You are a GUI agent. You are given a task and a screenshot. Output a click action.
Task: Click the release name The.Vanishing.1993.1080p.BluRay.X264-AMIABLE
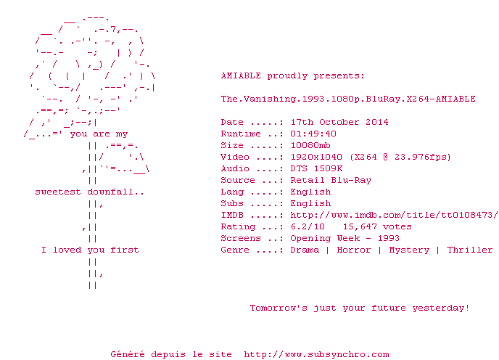tap(348, 99)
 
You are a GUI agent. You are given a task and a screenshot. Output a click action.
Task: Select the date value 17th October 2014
tap(339, 123)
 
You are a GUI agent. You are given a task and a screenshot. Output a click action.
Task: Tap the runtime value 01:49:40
tap(313, 134)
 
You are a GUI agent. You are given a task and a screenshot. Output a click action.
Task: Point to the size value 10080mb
tap(310, 146)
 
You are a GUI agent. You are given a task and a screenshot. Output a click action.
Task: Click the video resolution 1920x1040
tap(316, 157)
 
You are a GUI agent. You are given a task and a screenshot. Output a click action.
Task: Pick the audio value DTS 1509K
tap(316, 168)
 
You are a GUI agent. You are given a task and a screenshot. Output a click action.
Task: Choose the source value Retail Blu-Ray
tap(331, 180)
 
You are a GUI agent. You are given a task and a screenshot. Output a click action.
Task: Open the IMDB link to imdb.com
tap(394, 215)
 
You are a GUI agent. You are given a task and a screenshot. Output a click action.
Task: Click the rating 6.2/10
tap(308, 227)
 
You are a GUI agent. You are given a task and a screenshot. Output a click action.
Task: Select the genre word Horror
tap(354, 250)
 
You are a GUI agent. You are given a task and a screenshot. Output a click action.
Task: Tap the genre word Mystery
tap(409, 250)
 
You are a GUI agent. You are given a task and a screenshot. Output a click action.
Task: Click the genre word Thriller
tap(470, 250)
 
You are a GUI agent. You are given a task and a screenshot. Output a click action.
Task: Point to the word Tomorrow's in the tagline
tap(279, 308)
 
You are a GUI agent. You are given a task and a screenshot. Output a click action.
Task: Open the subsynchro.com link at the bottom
tap(316, 355)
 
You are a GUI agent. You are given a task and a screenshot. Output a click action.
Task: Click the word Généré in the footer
tap(128, 354)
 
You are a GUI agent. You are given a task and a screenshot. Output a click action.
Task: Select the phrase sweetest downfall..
tap(89, 192)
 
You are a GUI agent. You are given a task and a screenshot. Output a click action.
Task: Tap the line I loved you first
tap(90, 250)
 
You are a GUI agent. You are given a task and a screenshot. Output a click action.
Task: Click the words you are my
tap(99, 134)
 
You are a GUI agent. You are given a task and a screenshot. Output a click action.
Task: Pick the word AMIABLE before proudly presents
tap(241, 75)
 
